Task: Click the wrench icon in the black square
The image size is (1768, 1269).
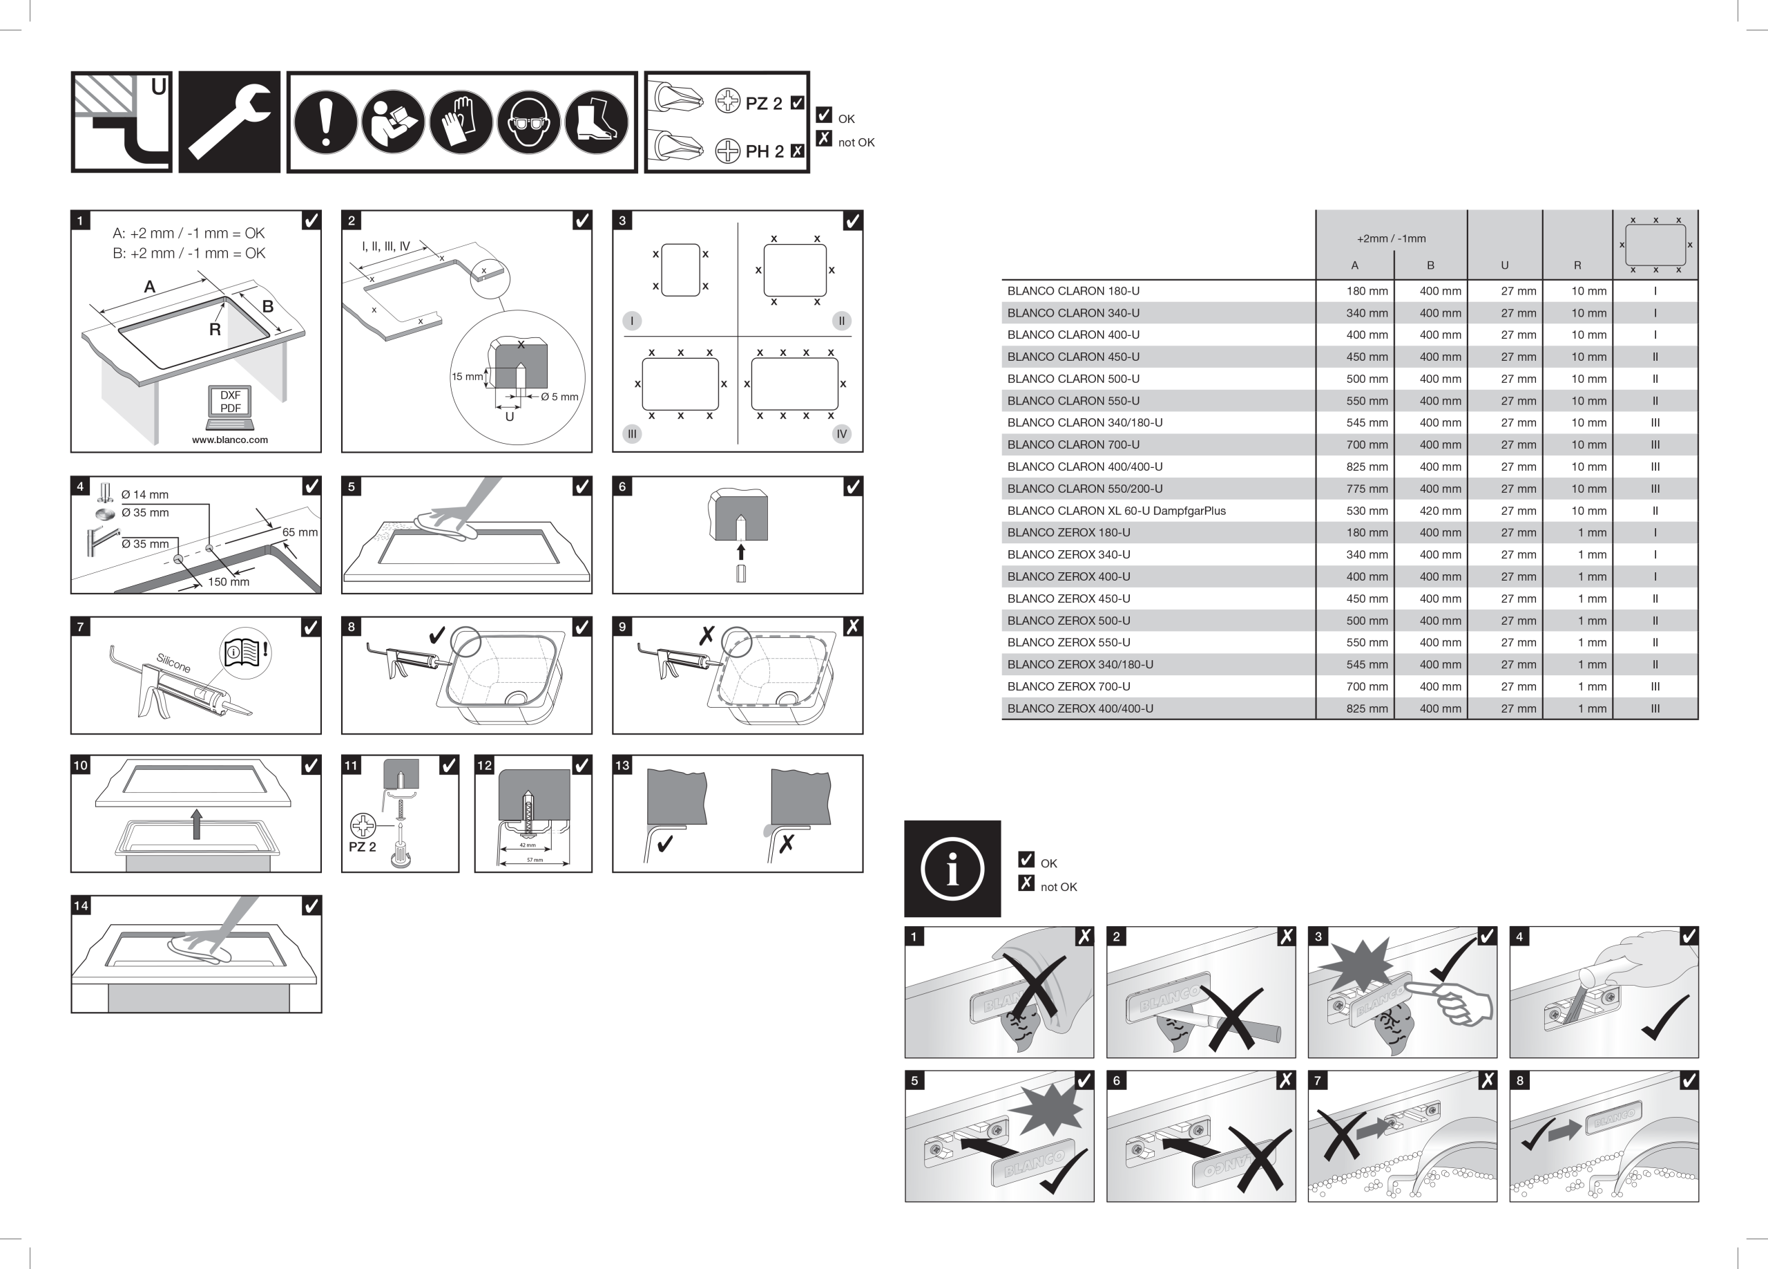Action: tap(229, 122)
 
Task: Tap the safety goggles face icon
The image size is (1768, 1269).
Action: tap(528, 122)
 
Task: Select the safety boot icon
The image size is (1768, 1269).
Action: tap(596, 122)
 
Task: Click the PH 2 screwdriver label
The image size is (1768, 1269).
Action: tap(764, 151)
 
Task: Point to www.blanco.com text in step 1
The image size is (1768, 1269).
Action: tap(230, 440)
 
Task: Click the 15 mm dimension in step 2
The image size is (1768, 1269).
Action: tap(466, 377)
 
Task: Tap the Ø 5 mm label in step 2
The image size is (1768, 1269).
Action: tap(559, 397)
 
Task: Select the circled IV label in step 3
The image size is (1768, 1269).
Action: tap(841, 433)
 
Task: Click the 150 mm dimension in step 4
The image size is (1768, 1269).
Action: tap(229, 582)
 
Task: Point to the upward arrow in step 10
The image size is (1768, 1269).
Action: tap(196, 824)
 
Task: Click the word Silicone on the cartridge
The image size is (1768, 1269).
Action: tap(173, 663)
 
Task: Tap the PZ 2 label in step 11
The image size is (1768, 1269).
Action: tap(362, 847)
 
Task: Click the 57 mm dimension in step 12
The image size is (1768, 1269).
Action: tap(535, 860)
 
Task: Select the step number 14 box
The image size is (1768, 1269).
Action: tap(81, 905)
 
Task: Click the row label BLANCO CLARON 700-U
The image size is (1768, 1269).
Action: tap(1073, 444)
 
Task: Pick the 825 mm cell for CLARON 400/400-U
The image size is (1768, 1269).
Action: tap(1367, 467)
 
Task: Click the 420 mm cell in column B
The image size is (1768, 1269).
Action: tap(1440, 511)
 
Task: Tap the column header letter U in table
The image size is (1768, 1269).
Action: tap(1504, 265)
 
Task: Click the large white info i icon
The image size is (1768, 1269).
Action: tap(952, 869)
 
